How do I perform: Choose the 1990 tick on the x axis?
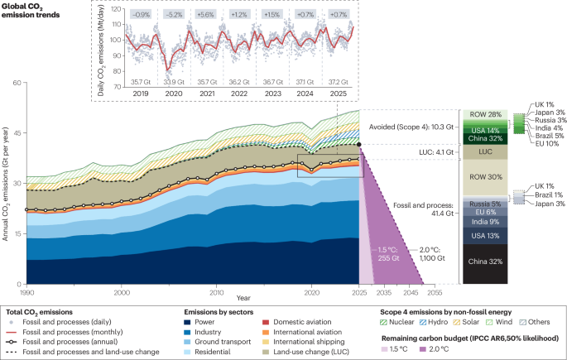(27, 293)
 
